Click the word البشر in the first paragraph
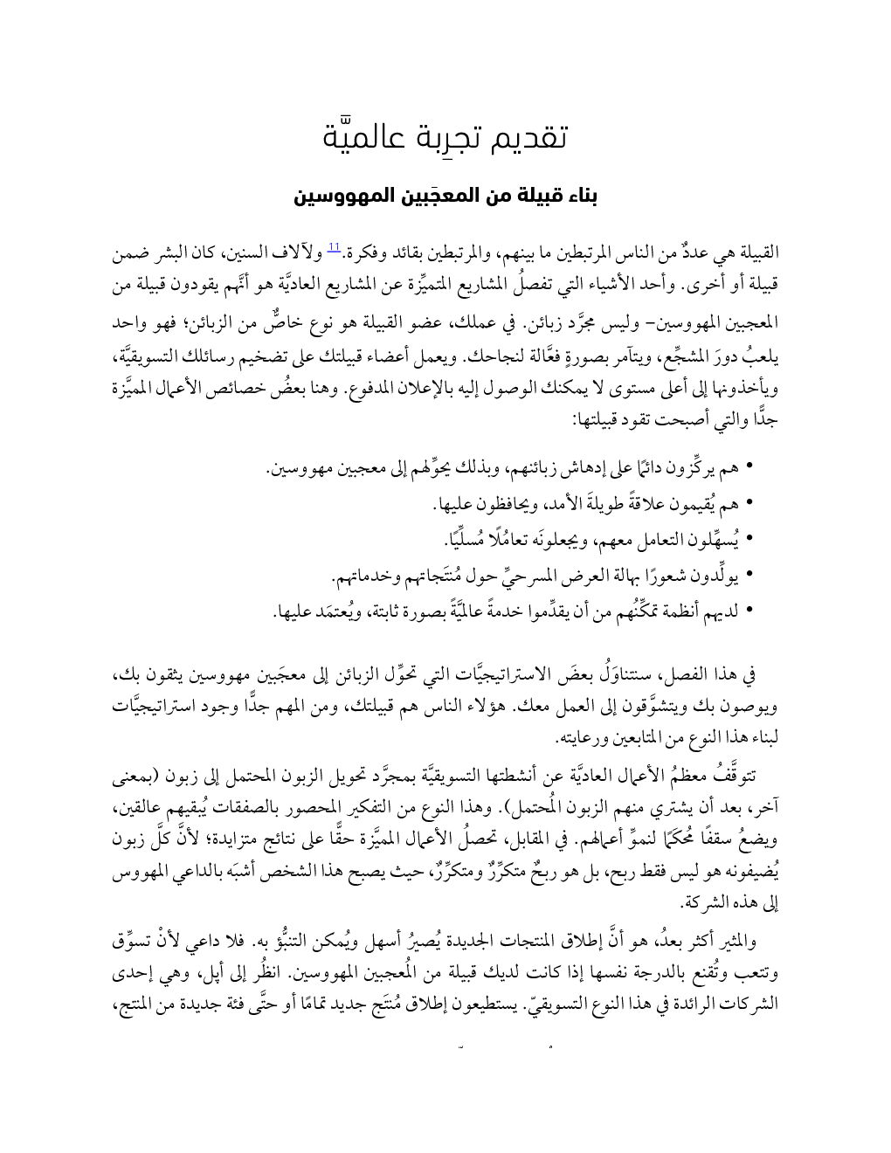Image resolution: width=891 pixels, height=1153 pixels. point(182,255)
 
